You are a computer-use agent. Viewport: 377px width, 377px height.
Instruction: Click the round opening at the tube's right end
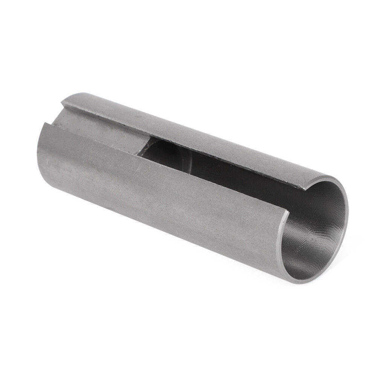tap(314, 230)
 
